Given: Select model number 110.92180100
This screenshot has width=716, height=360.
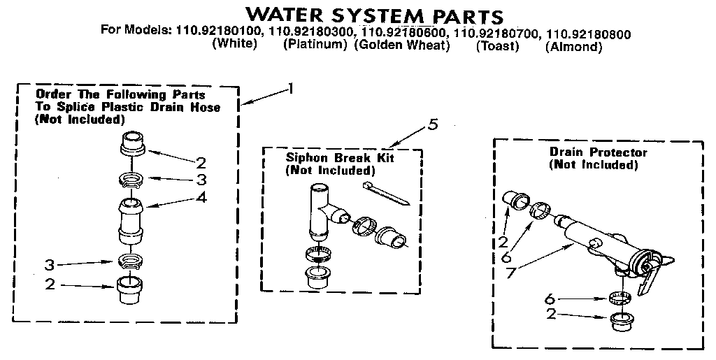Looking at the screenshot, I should point(217,32).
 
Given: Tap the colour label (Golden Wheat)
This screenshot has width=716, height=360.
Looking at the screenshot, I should point(401,46).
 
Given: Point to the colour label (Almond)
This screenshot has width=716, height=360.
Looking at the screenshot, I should point(573,47).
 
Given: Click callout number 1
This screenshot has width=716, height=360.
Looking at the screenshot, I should point(291,89).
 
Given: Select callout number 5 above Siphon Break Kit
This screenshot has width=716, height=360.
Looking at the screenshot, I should point(433,125).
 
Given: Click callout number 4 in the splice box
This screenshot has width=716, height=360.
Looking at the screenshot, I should point(201,198).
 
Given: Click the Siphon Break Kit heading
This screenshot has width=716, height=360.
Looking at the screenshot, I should point(340,158).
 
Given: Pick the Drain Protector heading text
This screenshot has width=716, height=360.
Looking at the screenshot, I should point(598,152).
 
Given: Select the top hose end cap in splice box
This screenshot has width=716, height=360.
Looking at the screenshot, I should point(131,144).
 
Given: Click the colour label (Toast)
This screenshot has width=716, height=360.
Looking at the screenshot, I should point(497,47).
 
